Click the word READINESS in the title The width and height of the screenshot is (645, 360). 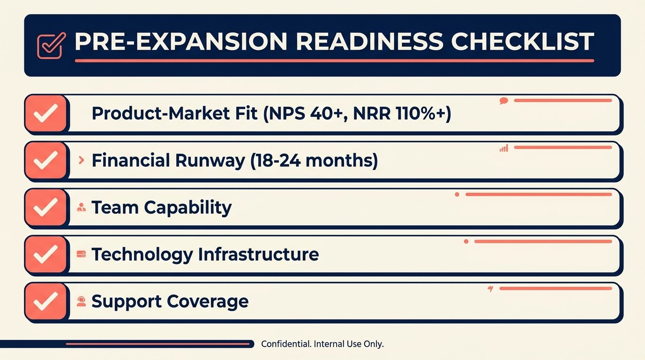pyautogui.click(x=369, y=42)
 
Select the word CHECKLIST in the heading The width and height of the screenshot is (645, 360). pyautogui.click(x=522, y=42)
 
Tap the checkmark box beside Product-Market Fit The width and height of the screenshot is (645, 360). pyautogui.click(x=46, y=113)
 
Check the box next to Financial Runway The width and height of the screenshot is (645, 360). pyautogui.click(x=46, y=160)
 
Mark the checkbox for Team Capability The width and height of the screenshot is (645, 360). pyautogui.click(x=46, y=207)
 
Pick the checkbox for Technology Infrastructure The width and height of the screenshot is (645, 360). pyautogui.click(x=46, y=254)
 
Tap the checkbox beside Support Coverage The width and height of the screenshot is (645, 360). pyautogui.click(x=46, y=301)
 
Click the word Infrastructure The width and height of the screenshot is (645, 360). pyautogui.click(x=258, y=254)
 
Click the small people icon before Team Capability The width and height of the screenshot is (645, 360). pyautogui.click(x=81, y=207)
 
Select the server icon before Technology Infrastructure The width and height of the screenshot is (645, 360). pyautogui.click(x=81, y=254)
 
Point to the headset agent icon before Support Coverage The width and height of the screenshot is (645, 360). pyautogui.click(x=81, y=301)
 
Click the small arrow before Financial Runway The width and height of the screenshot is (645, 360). pyautogui.click(x=82, y=160)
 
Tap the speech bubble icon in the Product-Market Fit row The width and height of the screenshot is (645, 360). pyautogui.click(x=504, y=100)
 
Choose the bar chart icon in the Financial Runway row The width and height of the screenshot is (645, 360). pyautogui.click(x=504, y=148)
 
